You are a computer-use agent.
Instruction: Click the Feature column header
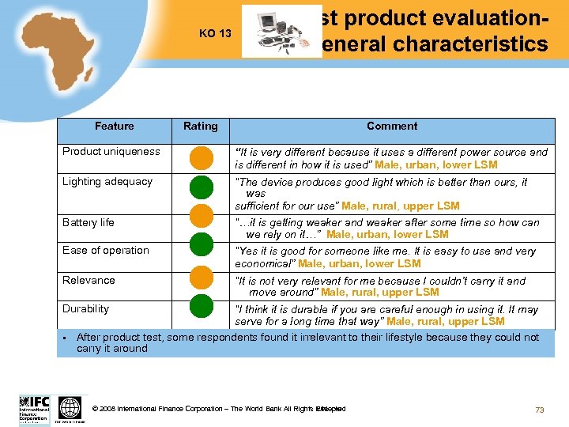point(114,127)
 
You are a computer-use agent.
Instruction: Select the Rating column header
point(201,127)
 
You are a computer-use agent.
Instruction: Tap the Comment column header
point(392,127)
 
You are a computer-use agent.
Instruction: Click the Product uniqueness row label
point(111,152)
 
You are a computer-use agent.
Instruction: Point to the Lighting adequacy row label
point(107,182)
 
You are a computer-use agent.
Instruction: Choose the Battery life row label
point(89,223)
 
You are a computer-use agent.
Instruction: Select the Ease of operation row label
point(106,251)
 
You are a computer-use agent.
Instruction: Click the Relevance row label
point(89,281)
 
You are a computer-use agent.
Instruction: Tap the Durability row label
point(86,309)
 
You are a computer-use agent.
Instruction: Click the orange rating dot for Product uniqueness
point(201,158)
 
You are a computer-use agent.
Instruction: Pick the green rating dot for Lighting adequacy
point(201,187)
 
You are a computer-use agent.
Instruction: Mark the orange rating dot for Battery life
point(201,216)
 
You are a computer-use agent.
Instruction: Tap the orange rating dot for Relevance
point(201,276)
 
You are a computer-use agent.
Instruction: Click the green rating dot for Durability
point(201,304)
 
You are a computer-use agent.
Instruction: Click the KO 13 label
point(215,34)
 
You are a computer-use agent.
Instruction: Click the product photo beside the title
point(271,32)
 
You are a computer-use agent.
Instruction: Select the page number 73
point(540,410)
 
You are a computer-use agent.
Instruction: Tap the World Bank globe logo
point(70,408)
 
